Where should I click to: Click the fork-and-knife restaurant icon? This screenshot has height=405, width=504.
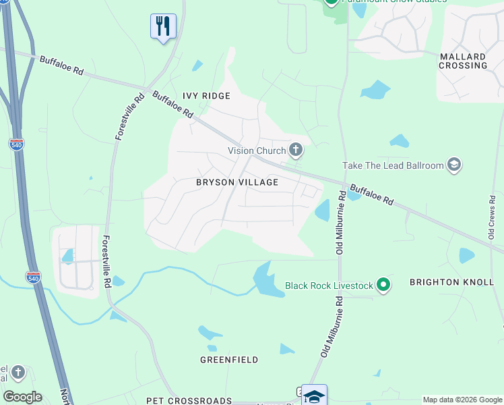click(162, 26)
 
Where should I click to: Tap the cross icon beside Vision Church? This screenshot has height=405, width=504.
click(295, 149)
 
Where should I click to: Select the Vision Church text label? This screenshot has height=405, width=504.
click(257, 151)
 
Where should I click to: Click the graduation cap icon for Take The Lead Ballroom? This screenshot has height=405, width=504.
click(454, 165)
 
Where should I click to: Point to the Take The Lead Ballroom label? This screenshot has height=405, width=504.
click(393, 165)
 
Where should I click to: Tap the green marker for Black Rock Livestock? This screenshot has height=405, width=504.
click(383, 286)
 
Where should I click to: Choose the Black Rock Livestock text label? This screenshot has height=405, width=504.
click(329, 286)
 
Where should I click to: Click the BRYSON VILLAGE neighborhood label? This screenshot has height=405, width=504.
click(237, 182)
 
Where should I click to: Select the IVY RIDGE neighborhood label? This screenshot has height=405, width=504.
click(206, 96)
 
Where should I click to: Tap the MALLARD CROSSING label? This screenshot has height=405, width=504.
click(463, 61)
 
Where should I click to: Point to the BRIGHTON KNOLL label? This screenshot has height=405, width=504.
click(451, 282)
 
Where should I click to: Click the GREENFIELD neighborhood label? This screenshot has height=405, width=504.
click(229, 360)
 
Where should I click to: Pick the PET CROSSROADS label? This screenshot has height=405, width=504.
click(189, 400)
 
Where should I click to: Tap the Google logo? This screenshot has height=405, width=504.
click(22, 397)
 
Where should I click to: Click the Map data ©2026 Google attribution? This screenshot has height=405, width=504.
click(462, 400)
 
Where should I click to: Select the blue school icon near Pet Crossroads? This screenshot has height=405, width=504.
click(314, 396)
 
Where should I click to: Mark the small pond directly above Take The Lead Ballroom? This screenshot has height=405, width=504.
click(399, 141)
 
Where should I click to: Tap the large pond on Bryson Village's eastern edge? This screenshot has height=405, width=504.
click(323, 211)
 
